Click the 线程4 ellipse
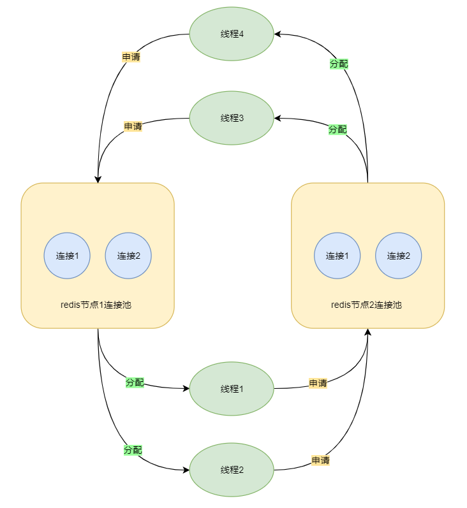point(232,34)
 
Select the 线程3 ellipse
point(232,118)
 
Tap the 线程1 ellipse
point(232,389)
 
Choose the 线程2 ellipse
point(232,470)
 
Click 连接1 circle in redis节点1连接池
point(67,256)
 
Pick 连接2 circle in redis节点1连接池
point(128,256)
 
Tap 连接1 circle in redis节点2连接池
point(337,256)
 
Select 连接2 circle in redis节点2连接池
point(399,256)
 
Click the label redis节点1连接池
point(97,305)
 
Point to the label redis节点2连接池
point(367,305)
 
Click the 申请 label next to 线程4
point(131,57)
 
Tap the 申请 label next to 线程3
point(133,126)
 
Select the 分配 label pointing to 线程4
point(339,64)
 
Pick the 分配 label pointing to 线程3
point(338,129)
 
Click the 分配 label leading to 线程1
point(135,382)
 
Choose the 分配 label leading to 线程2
point(133,449)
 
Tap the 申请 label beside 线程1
point(318,383)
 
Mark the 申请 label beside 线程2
point(320,460)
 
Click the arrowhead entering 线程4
point(279,34)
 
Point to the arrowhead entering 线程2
point(186,470)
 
